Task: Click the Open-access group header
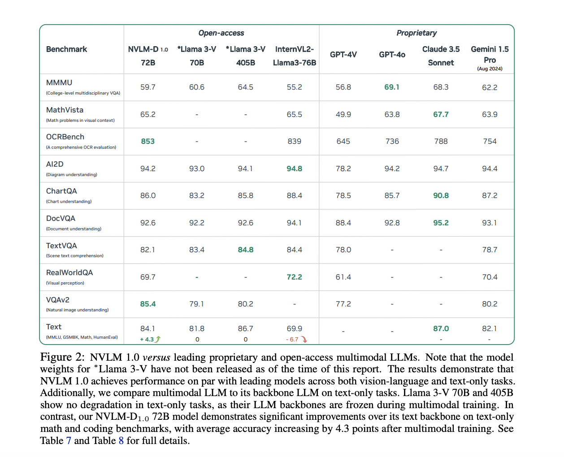(221, 33)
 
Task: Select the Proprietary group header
(416, 33)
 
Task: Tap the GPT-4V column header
(343, 55)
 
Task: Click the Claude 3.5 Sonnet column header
(441, 56)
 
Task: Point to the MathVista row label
(65, 110)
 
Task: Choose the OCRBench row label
(65, 137)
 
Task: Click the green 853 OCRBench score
(148, 142)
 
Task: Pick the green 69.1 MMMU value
(392, 87)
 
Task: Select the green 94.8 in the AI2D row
(295, 169)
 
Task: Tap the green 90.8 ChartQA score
(441, 196)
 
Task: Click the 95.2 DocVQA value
(441, 223)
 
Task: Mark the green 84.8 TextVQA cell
(246, 250)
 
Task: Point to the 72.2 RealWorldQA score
(295, 277)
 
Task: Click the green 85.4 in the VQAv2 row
(148, 304)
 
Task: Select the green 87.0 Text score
(441, 329)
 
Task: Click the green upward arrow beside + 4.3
(158, 339)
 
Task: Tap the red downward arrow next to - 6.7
(304, 339)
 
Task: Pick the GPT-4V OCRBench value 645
(343, 142)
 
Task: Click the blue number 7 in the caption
(69, 441)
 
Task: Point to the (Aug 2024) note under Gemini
(490, 69)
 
